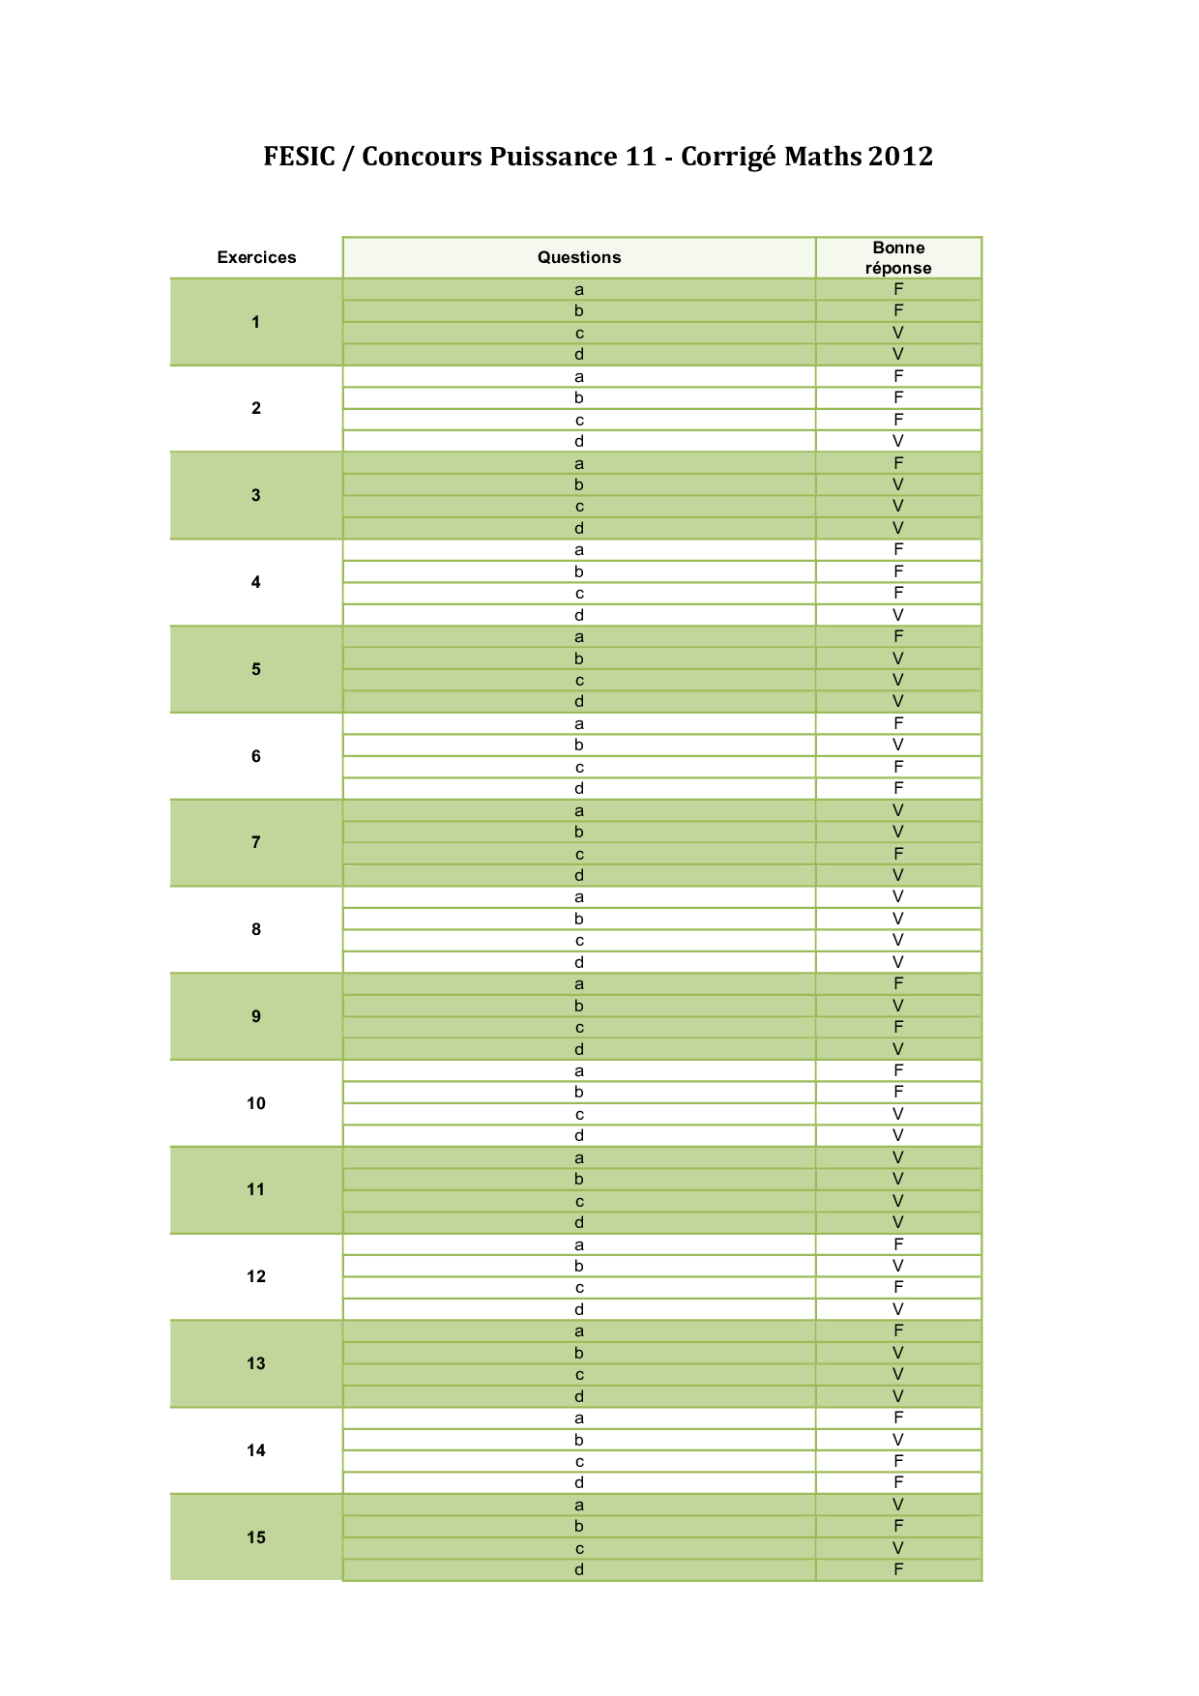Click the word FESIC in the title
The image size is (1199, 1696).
click(299, 157)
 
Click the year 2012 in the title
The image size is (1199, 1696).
click(900, 157)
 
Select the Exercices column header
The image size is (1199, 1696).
click(256, 257)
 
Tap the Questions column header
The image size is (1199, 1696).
click(579, 257)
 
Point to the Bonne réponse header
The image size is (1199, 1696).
click(898, 258)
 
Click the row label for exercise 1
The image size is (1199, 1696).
click(256, 322)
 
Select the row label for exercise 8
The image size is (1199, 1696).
click(256, 929)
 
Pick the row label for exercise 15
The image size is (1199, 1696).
click(256, 1537)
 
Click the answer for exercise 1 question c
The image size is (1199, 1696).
click(898, 333)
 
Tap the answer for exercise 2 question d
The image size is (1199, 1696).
click(898, 441)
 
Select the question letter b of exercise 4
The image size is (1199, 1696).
click(579, 571)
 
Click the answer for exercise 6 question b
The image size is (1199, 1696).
click(898, 745)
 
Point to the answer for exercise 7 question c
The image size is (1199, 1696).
click(898, 854)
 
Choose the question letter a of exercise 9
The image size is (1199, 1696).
click(579, 984)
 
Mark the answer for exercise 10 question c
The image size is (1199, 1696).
click(898, 1114)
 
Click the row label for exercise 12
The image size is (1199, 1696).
click(256, 1276)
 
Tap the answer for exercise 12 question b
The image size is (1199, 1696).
click(898, 1266)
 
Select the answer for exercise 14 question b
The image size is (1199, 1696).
click(898, 1440)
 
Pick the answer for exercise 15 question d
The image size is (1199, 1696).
click(898, 1569)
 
